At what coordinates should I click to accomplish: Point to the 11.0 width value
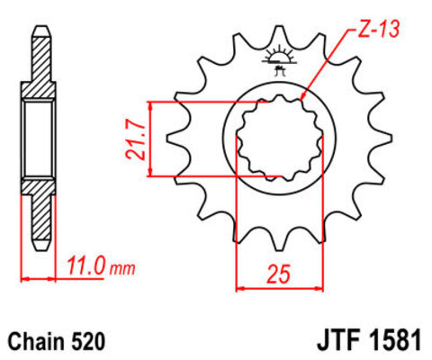point(88,265)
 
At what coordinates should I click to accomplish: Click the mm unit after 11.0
point(123,268)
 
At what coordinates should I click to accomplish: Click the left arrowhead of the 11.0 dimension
point(24,278)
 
